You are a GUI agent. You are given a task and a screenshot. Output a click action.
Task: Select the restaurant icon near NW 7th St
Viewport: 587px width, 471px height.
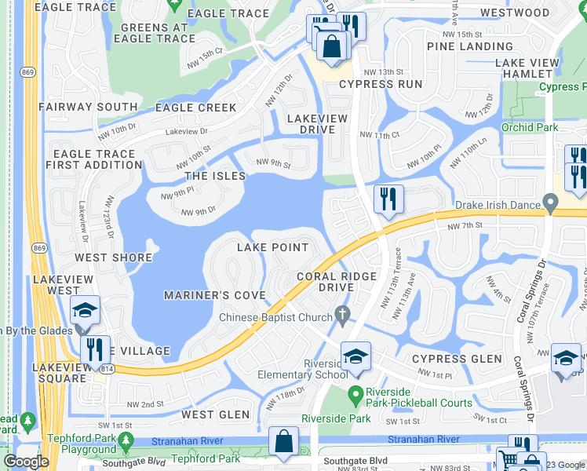(388, 200)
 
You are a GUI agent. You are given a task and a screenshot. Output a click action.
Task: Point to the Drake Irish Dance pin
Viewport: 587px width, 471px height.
(552, 205)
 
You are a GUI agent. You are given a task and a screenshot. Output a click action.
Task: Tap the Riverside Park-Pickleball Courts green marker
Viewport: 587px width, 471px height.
(355, 392)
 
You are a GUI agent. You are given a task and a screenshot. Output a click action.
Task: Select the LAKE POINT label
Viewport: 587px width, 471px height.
(273, 247)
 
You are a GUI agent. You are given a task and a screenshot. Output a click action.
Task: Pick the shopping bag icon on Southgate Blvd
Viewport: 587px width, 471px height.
(283, 444)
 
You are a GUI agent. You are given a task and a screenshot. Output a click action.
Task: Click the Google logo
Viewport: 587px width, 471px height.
(25, 462)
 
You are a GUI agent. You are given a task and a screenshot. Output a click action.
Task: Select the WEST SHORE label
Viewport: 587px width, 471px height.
(113, 257)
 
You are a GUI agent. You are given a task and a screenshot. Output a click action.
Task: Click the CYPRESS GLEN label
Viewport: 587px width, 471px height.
(457, 359)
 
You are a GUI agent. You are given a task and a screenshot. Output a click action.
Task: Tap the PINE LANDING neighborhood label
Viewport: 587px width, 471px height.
(469, 46)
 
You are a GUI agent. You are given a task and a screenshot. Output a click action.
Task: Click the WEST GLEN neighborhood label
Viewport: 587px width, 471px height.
(215, 414)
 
